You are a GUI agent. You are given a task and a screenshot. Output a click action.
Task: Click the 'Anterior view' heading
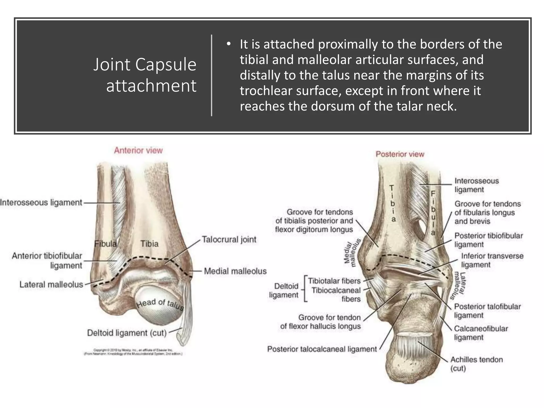point(138,150)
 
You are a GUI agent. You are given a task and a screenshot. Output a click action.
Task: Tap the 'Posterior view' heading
point(400,154)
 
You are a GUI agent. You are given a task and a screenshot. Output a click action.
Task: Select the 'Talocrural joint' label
point(229,239)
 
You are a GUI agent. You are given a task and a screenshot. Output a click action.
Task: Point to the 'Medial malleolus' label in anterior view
point(235,271)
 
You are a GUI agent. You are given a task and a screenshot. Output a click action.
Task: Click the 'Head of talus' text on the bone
point(160,304)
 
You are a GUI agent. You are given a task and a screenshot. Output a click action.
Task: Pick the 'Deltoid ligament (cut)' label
point(127,333)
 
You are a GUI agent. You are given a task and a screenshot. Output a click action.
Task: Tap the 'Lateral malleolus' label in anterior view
point(51,284)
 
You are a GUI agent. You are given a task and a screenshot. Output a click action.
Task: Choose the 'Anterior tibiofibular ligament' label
point(47,261)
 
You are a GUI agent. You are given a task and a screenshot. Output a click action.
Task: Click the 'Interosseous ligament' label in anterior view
point(41,202)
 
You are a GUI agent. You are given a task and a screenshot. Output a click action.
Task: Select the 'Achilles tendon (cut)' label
point(476,364)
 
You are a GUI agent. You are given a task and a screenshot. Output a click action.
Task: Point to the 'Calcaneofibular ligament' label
point(481,333)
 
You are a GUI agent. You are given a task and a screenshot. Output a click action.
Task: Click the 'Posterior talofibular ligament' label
point(487,311)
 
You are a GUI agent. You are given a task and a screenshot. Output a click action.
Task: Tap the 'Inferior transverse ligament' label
point(492,260)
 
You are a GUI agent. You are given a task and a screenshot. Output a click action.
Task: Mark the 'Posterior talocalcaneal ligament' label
point(322,349)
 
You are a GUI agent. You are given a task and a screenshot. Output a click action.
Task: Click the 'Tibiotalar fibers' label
point(334,281)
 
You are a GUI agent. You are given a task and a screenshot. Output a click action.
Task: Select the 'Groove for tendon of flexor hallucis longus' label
point(321,322)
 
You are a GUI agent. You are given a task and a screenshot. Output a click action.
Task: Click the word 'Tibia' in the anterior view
point(149,244)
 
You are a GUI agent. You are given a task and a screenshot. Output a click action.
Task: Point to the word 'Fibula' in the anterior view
point(105,244)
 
